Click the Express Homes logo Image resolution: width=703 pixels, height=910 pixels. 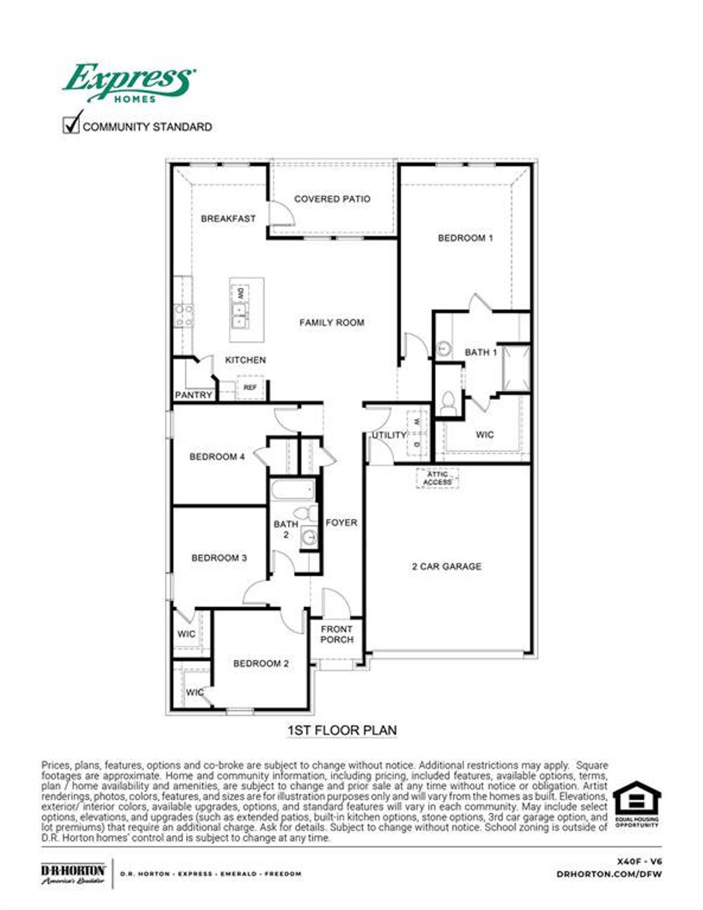(129, 83)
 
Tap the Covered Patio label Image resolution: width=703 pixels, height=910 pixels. (332, 199)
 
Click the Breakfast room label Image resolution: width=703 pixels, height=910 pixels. (228, 218)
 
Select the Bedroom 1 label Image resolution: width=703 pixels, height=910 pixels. (465, 238)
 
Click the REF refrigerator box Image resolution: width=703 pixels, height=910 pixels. (250, 387)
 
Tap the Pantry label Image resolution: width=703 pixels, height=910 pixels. (193, 395)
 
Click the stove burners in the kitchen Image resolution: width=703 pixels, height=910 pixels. (183, 315)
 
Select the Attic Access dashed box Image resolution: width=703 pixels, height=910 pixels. (437, 478)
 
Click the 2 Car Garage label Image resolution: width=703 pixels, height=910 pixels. (447, 566)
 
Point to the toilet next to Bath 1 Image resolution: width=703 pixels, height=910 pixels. (448, 402)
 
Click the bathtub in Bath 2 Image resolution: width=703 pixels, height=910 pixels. (293, 490)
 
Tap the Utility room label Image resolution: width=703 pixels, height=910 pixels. (389, 435)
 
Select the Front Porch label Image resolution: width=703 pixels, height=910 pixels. (337, 634)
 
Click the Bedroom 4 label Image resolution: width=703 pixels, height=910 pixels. (217, 457)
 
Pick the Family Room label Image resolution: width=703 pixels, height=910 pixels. (332, 323)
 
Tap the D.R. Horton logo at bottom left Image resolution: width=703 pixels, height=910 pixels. (73, 873)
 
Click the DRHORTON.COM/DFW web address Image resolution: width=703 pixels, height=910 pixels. (609, 874)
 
